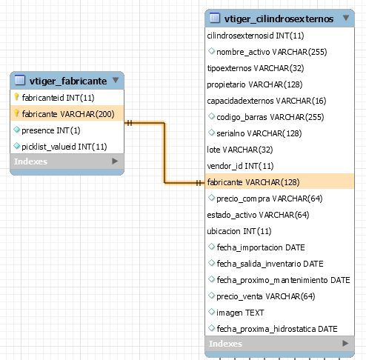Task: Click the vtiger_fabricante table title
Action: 68,81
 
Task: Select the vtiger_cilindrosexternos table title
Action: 279,19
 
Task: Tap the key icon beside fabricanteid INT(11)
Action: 16,97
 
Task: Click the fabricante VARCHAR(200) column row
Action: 67,114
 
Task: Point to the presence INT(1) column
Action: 51,130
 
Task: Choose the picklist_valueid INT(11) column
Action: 64,147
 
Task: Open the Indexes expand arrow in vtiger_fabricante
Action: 115,161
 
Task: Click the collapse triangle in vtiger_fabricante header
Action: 116,80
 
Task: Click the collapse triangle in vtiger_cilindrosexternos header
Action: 346,18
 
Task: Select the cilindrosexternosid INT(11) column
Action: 256,36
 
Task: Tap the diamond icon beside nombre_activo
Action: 211,51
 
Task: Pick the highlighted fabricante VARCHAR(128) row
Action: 279,182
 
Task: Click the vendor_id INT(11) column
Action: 240,166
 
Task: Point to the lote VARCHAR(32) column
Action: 240,150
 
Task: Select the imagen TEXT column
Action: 240,313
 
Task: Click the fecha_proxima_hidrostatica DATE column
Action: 277,329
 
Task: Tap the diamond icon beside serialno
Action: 211,133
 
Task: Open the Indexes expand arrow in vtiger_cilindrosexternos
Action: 345,343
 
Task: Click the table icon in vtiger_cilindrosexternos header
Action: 215,18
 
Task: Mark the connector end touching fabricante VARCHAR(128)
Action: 204,183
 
